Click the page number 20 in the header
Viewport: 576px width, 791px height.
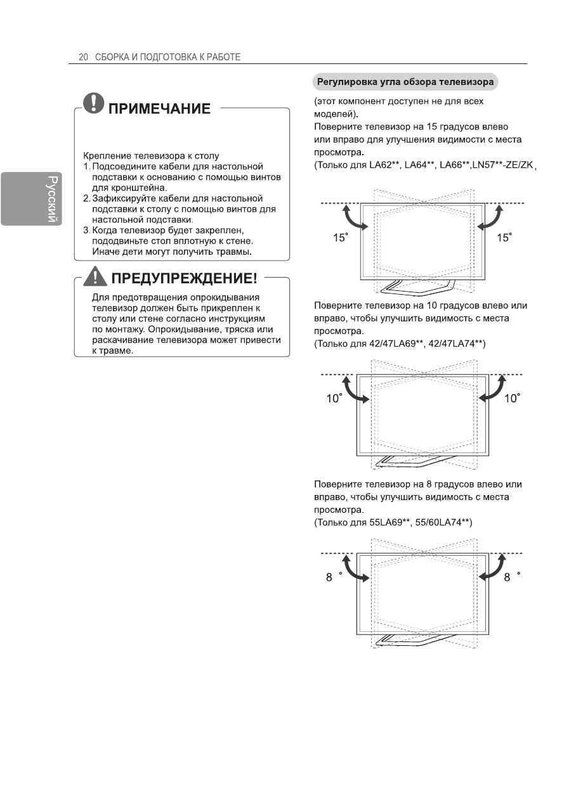(82, 57)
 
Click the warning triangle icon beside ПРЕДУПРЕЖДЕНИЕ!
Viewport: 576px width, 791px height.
(96, 278)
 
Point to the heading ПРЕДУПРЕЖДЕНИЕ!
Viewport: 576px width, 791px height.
(183, 279)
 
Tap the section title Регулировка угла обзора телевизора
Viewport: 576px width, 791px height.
(405, 82)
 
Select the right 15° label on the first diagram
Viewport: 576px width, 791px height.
(504, 238)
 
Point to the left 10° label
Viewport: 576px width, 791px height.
(334, 399)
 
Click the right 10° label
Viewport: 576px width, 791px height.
(511, 399)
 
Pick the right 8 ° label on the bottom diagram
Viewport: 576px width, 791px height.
(512, 577)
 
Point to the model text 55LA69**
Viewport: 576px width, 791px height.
(388, 522)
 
